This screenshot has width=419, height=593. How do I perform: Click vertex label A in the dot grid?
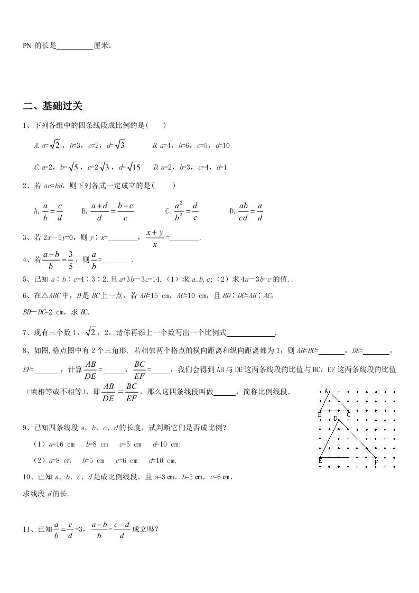[327, 391]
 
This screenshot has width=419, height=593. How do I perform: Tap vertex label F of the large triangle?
[376, 462]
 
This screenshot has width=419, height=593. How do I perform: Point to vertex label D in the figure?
[335, 418]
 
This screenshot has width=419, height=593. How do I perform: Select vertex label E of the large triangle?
[320, 461]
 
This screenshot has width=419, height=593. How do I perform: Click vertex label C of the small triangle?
[349, 415]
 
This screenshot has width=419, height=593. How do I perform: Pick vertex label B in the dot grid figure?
[320, 415]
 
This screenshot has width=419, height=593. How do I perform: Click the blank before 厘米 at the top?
[75, 47]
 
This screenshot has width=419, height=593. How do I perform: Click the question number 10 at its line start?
[27, 476]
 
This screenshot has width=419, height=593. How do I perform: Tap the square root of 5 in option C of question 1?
[74, 167]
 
